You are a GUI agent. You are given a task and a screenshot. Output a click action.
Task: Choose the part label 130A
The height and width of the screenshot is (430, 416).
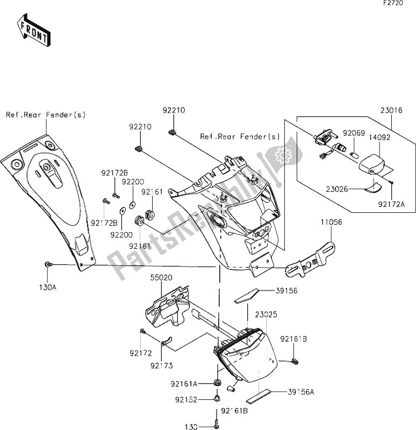[47, 288]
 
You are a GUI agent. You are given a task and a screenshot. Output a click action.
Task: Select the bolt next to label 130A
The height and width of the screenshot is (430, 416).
[48, 264]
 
